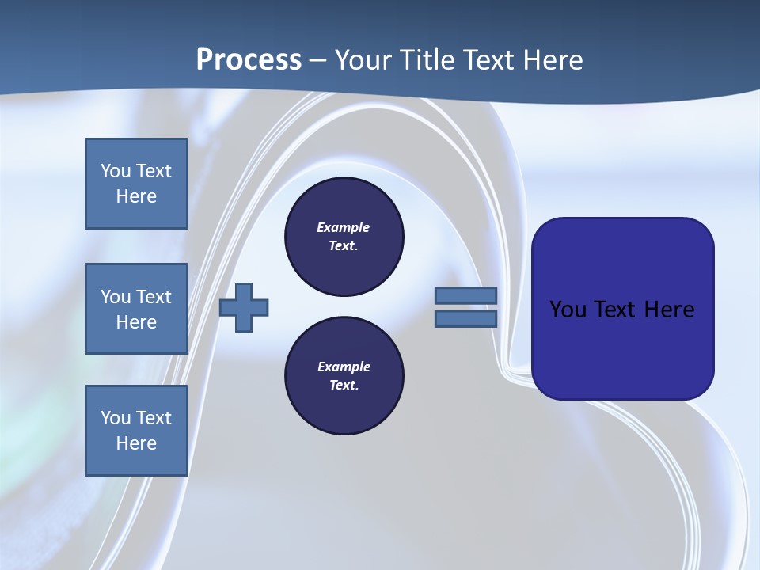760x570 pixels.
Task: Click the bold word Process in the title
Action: tap(249, 59)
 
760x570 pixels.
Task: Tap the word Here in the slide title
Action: tap(552, 59)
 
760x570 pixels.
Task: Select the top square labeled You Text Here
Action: tap(136, 184)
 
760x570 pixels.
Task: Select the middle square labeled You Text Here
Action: tap(136, 309)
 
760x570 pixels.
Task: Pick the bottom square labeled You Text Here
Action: tap(136, 431)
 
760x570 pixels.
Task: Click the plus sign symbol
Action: tap(244, 308)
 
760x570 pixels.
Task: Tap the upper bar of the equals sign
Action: tap(465, 296)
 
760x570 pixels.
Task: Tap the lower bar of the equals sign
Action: tap(465, 319)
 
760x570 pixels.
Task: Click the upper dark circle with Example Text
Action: tap(344, 237)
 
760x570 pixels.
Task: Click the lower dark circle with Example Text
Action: tap(344, 375)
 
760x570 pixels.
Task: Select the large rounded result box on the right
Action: tap(622, 309)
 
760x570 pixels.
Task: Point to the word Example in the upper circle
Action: tap(344, 227)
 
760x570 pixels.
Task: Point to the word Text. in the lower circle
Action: tap(344, 385)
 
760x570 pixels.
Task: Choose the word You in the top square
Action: tap(115, 171)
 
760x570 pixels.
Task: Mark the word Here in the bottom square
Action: tap(136, 443)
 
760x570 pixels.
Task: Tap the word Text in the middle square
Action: tap(154, 297)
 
